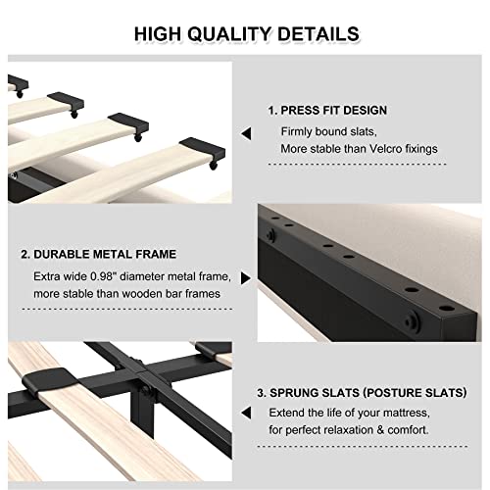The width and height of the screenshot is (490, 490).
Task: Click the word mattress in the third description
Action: coord(425,412)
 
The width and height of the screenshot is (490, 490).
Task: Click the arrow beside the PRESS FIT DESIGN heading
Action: coord(248,131)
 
